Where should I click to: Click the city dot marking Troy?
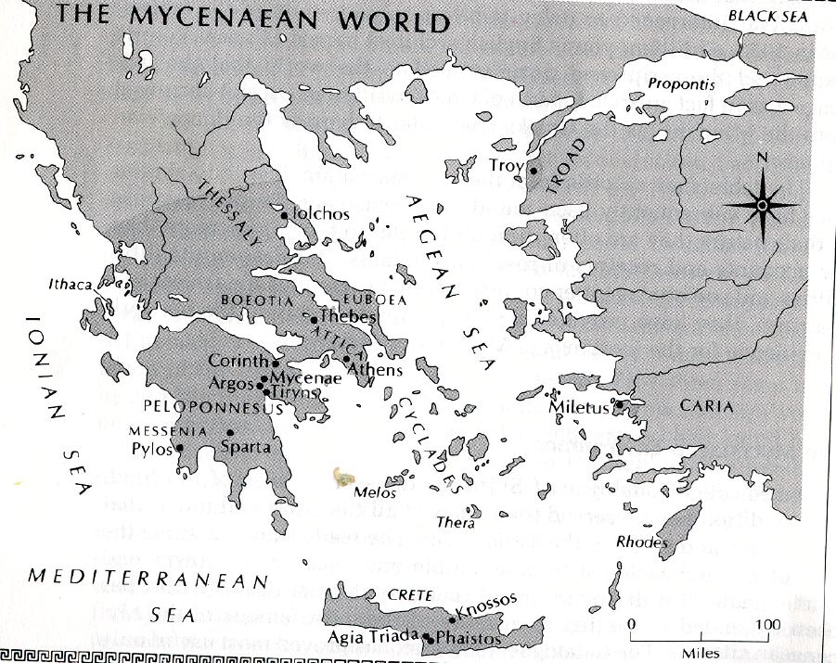pyautogui.click(x=534, y=170)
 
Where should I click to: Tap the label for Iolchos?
pyautogui.click(x=321, y=214)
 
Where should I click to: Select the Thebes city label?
pyautogui.click(x=347, y=317)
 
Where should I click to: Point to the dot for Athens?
pyautogui.click(x=346, y=359)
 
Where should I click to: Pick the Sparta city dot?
pyautogui.click(x=230, y=433)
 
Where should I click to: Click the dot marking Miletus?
pyautogui.click(x=619, y=404)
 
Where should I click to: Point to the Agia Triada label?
pyautogui.click(x=373, y=638)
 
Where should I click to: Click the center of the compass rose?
pyautogui.click(x=762, y=205)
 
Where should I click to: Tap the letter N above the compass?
pyautogui.click(x=762, y=158)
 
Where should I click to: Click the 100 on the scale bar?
pyautogui.click(x=766, y=625)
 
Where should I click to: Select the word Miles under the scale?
pyautogui.click(x=699, y=653)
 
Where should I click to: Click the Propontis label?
pyautogui.click(x=682, y=83)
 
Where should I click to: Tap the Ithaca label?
pyautogui.click(x=70, y=285)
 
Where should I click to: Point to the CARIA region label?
pyautogui.click(x=707, y=406)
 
